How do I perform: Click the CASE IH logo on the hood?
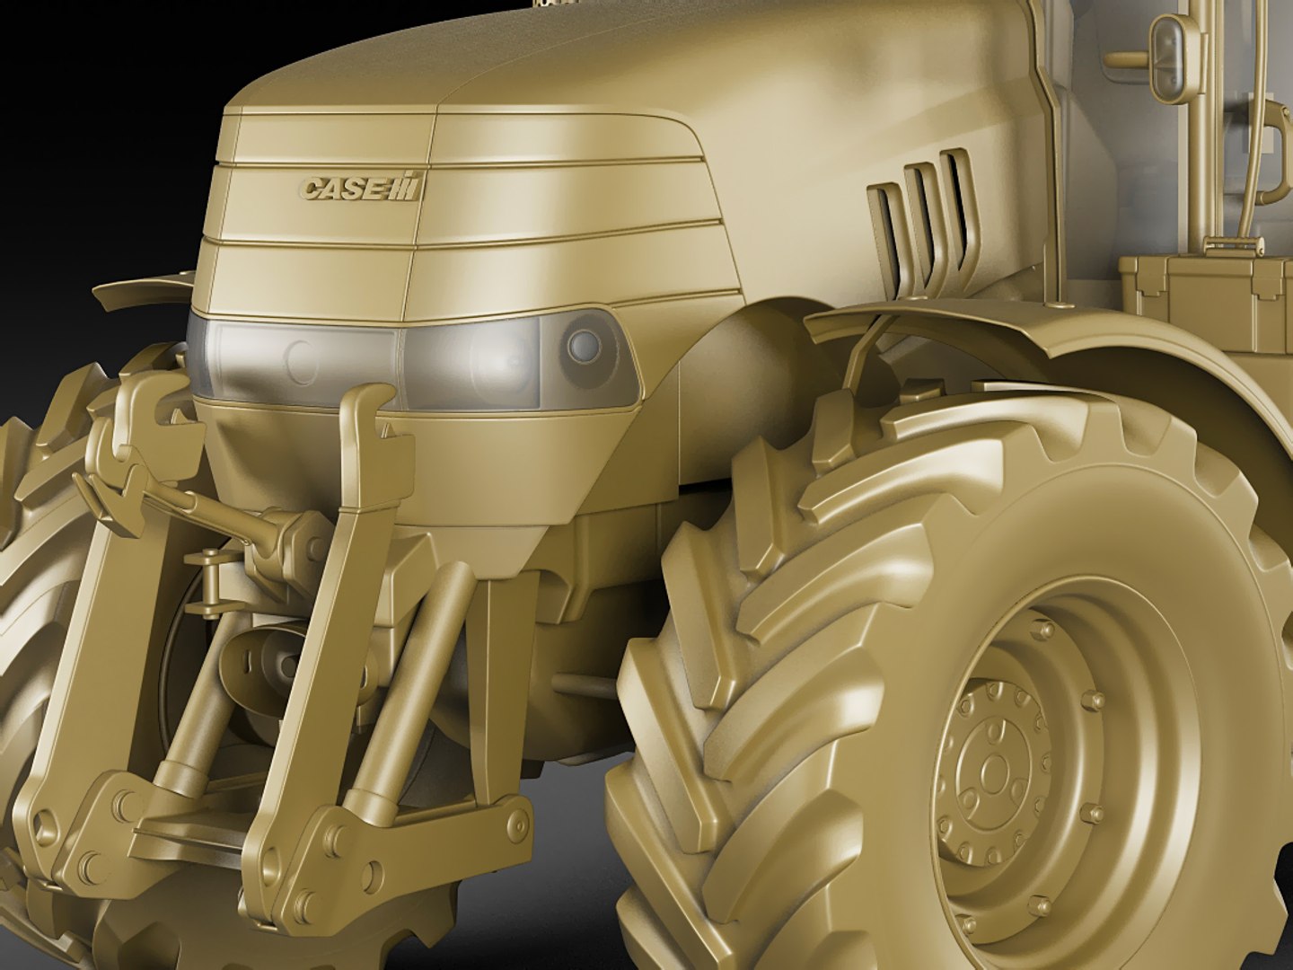361,188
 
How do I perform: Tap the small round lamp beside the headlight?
585,343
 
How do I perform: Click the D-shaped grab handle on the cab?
1275,153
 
